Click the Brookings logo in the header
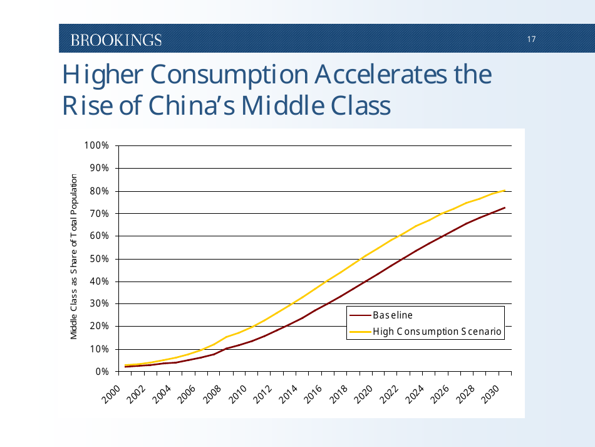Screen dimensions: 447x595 click(x=116, y=40)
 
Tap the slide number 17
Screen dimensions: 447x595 click(x=531, y=39)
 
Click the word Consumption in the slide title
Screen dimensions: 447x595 click(x=229, y=75)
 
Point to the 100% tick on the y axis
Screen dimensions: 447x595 click(x=96, y=145)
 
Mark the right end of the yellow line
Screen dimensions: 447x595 click(x=505, y=191)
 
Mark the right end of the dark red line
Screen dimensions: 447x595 click(x=505, y=208)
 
